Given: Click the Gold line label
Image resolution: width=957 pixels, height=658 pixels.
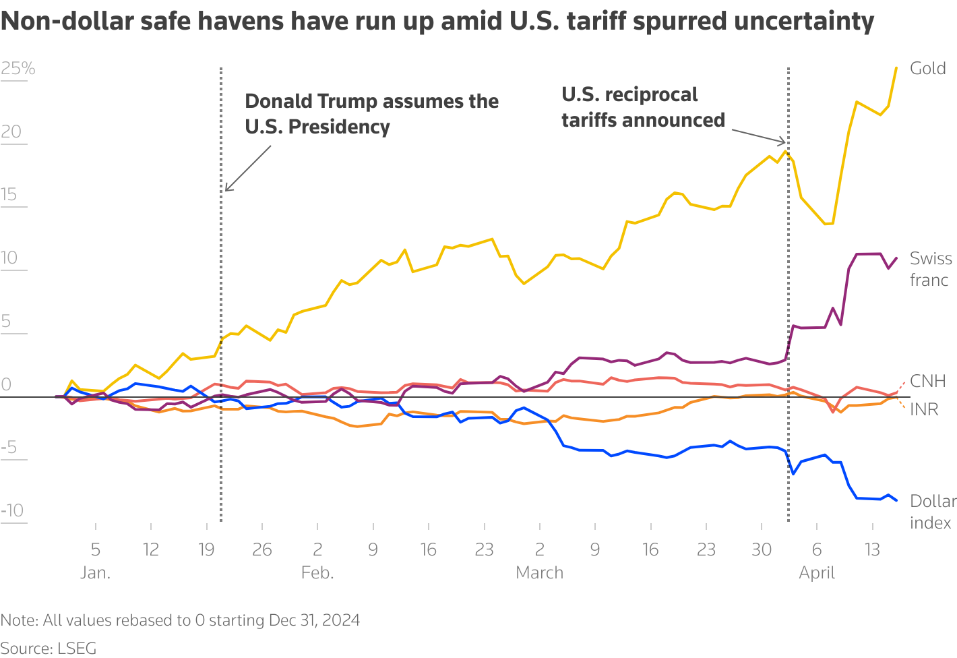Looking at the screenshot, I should click(927, 69).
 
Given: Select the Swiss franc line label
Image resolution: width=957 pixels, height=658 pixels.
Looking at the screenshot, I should click(930, 269).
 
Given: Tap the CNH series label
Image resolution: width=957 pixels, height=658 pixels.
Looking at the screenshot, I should click(927, 382).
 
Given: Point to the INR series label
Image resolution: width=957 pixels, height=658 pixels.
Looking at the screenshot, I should click(924, 410).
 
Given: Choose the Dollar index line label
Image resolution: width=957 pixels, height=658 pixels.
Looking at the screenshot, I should click(933, 512).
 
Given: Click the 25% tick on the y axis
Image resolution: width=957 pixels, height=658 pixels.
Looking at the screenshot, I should click(18, 69).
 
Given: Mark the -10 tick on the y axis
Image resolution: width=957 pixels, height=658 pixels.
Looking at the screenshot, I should click(13, 510).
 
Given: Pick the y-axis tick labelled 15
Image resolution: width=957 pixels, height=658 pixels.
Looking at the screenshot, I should click(9, 196).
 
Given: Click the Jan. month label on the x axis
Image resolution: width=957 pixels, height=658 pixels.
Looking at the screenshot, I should click(96, 573).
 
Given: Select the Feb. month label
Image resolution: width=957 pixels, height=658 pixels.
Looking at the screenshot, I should click(317, 573).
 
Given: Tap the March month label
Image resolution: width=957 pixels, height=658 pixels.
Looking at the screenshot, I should click(539, 573).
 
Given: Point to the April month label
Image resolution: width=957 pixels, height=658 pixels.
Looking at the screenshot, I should click(817, 573).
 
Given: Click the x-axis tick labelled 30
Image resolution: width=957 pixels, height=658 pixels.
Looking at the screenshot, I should click(762, 550).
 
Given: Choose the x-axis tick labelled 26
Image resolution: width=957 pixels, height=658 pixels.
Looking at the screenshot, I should click(262, 550).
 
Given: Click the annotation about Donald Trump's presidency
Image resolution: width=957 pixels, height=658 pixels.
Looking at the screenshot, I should click(371, 114).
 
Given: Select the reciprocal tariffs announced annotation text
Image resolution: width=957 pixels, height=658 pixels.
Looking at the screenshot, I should click(643, 107).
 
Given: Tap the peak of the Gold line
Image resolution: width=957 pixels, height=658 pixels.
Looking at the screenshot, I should click(896, 67).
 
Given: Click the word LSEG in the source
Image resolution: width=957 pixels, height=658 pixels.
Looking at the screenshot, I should click(77, 649).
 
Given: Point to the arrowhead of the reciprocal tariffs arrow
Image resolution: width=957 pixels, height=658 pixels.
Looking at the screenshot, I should click(784, 142).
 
